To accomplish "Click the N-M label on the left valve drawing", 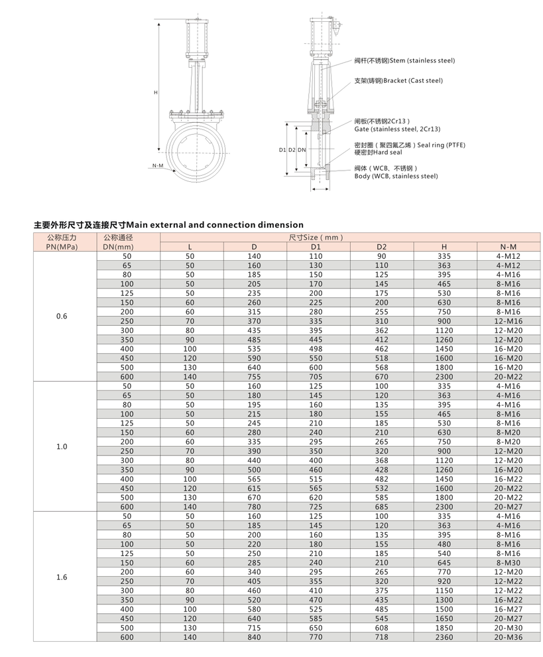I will pyautogui.click(x=157, y=165).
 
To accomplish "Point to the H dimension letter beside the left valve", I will pyautogui.click(x=156, y=93).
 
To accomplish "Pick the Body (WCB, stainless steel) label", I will pyautogui.click(x=396, y=177).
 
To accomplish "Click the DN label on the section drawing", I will pyautogui.click(x=302, y=150).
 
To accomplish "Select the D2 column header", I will pyautogui.click(x=381, y=247).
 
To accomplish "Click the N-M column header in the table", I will pyautogui.click(x=509, y=247).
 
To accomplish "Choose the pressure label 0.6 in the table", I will pyautogui.click(x=62, y=317).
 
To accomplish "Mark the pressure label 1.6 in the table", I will pyautogui.click(x=62, y=577).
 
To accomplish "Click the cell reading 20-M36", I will pyautogui.click(x=509, y=637).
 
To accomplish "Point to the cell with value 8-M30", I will pyautogui.click(x=509, y=563).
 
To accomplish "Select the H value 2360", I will pyautogui.click(x=444, y=637).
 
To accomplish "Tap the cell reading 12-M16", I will pyautogui.click(x=509, y=321).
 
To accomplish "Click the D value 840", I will pyautogui.click(x=253, y=637).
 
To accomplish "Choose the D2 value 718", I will pyautogui.click(x=381, y=637).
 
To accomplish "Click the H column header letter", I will pyautogui.click(x=444, y=247).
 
